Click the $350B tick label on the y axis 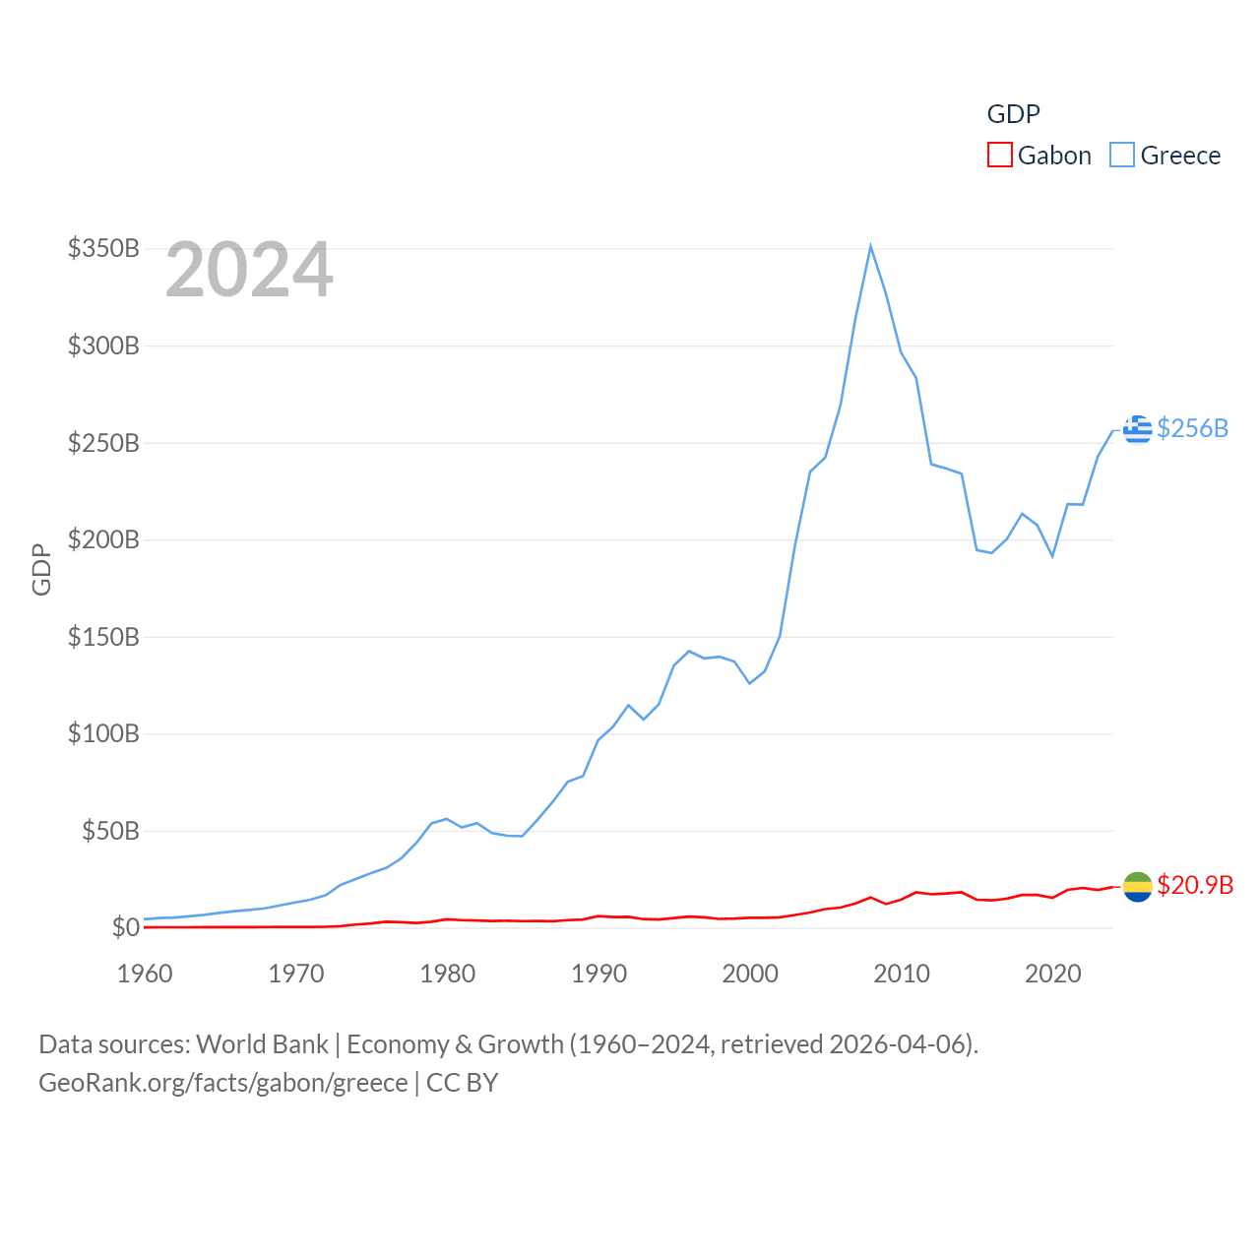click(x=103, y=248)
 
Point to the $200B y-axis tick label click(x=103, y=539)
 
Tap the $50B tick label click(x=110, y=831)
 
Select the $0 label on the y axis click(x=126, y=927)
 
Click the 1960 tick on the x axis click(x=145, y=974)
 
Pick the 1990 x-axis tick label click(x=598, y=974)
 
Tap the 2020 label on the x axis click(x=1052, y=974)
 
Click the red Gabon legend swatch click(x=999, y=156)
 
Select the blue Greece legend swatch click(x=1121, y=156)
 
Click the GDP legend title click(x=1013, y=114)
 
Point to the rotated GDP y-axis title click(x=41, y=569)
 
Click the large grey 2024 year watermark click(x=249, y=270)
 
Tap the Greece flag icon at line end click(x=1137, y=429)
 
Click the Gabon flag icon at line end click(x=1137, y=886)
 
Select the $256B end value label click(x=1192, y=428)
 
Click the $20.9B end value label click(x=1195, y=885)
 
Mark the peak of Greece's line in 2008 click(x=870, y=246)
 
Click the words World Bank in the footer click(x=263, y=1044)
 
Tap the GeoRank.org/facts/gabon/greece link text click(x=222, y=1083)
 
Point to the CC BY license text click(x=462, y=1083)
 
